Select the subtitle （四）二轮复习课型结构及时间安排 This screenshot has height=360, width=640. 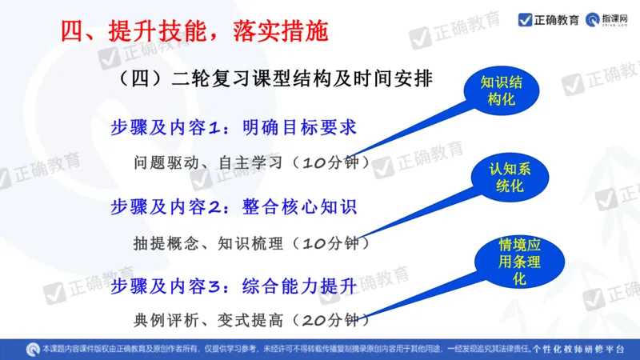point(275,79)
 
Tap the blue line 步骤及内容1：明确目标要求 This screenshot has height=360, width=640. point(233,128)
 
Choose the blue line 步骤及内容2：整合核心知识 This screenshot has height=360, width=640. point(233,206)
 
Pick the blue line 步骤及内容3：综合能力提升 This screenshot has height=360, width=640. point(233,285)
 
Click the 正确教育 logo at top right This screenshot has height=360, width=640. point(550,19)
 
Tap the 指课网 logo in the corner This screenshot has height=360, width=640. point(610,19)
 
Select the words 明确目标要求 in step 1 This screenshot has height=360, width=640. point(300,128)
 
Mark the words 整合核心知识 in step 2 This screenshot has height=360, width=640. point(300,206)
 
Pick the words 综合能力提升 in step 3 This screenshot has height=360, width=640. point(300,285)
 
